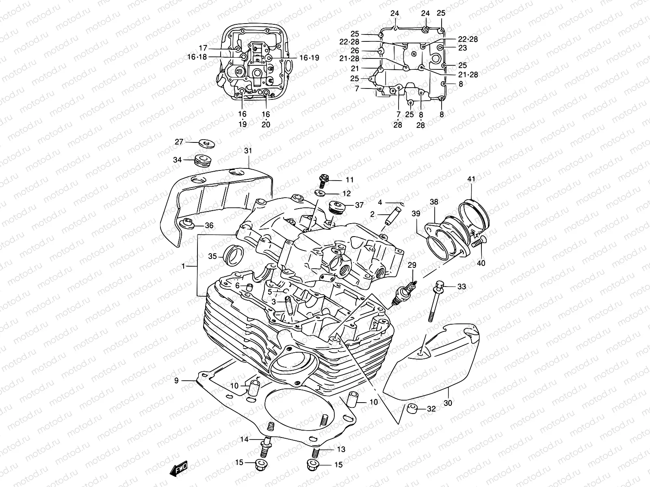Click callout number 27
[x=179, y=142]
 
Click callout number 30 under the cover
[x=448, y=403]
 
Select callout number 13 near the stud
[x=341, y=449]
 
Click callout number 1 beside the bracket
[x=183, y=266]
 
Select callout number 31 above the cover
[x=248, y=151]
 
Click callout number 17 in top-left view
[x=203, y=47]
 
